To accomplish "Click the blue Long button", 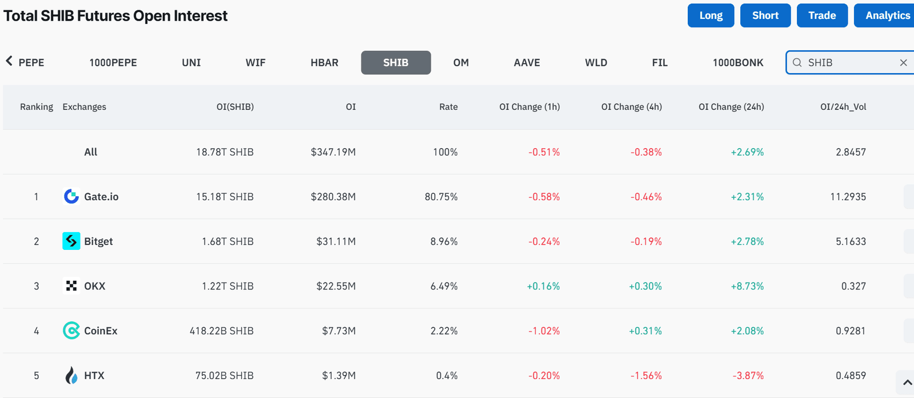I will click(x=711, y=15).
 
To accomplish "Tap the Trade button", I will click(x=821, y=15).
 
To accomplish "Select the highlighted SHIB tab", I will click(x=396, y=62).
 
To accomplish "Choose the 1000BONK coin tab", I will click(x=737, y=62).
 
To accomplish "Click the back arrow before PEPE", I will click(x=9, y=61).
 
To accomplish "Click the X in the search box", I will click(x=903, y=62).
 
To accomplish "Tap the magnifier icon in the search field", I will click(x=797, y=62).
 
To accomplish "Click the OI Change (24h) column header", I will click(x=731, y=107).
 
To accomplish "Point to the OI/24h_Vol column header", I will click(x=843, y=107).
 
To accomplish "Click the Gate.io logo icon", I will click(x=71, y=197).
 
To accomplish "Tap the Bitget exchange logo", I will click(x=71, y=241).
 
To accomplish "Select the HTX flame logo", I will click(x=71, y=376).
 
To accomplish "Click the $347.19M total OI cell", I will click(x=333, y=152).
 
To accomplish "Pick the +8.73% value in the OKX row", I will click(x=747, y=286).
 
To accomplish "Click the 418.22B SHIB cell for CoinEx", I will click(x=221, y=331).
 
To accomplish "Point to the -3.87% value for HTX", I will click(x=748, y=376).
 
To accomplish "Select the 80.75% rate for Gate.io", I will click(x=441, y=197).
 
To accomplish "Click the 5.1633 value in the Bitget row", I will click(x=851, y=241).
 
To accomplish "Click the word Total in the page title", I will click(x=20, y=16).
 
